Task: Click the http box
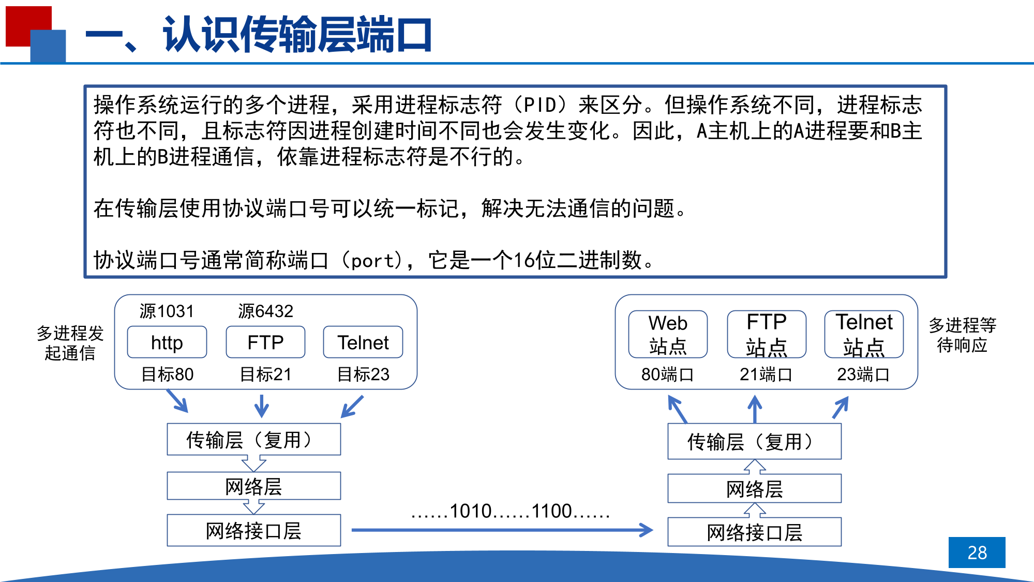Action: click(167, 342)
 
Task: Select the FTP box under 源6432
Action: click(265, 342)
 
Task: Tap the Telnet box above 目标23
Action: click(363, 342)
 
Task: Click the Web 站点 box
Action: click(668, 334)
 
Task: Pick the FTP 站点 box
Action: click(766, 334)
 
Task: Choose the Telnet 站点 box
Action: click(864, 334)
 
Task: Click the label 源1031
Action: click(167, 311)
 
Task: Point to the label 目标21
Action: click(265, 374)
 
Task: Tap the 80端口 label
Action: click(667, 374)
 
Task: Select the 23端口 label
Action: click(863, 374)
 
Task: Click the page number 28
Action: click(977, 553)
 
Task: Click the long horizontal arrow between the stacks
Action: click(502, 530)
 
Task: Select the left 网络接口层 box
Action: click(253, 530)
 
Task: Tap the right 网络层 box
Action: click(754, 488)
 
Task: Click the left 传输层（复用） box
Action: click(253, 440)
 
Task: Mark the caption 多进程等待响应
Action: click(962, 335)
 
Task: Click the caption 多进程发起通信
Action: click(70, 343)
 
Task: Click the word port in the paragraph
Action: click(372, 260)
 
